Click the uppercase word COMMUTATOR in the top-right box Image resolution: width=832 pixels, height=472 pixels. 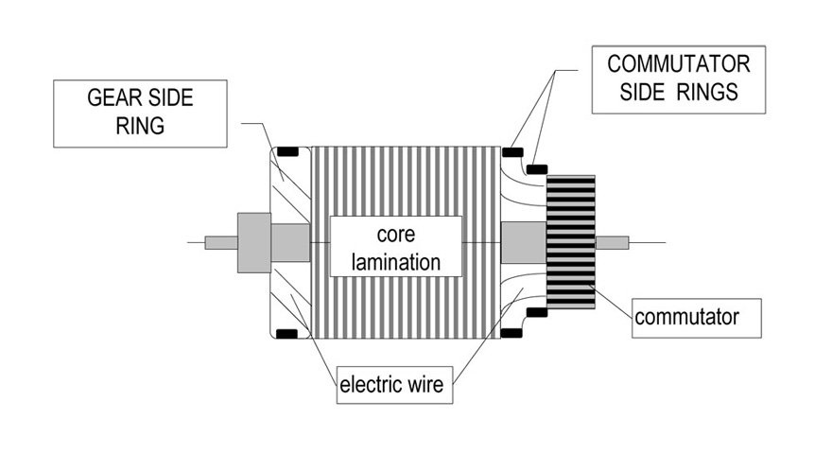[x=679, y=65]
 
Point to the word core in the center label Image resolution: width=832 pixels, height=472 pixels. [x=395, y=234]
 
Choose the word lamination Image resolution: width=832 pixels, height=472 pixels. [x=395, y=261]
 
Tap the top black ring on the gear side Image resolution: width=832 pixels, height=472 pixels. [x=286, y=151]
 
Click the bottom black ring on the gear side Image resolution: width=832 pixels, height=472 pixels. [x=286, y=334]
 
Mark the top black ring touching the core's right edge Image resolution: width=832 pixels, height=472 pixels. [x=512, y=151]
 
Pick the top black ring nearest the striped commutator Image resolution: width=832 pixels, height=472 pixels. [x=536, y=168]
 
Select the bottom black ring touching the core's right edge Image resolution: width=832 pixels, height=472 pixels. [x=512, y=334]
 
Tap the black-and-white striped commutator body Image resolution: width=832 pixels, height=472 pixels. [x=571, y=242]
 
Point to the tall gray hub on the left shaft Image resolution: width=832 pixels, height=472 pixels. [x=253, y=242]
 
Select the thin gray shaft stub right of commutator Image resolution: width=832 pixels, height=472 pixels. [x=611, y=242]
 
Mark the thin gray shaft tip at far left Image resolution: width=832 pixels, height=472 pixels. [x=220, y=242]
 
